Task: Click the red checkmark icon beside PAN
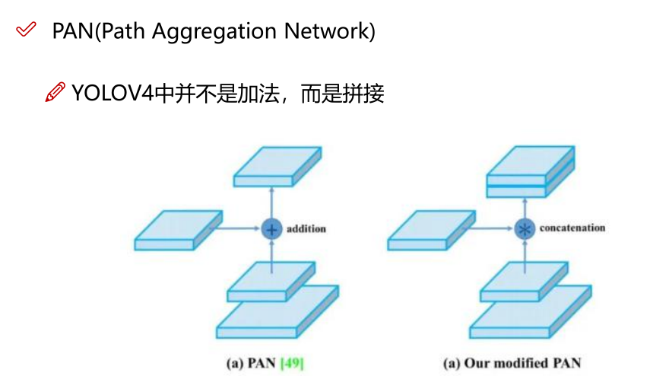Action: [x=26, y=30]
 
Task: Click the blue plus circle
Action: [x=271, y=228]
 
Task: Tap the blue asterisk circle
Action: [x=525, y=228]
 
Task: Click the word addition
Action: [x=306, y=228]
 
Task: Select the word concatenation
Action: [x=572, y=228]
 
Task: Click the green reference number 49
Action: [x=292, y=363]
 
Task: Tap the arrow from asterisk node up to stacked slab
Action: [x=525, y=208]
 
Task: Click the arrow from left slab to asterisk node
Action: [x=494, y=228]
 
